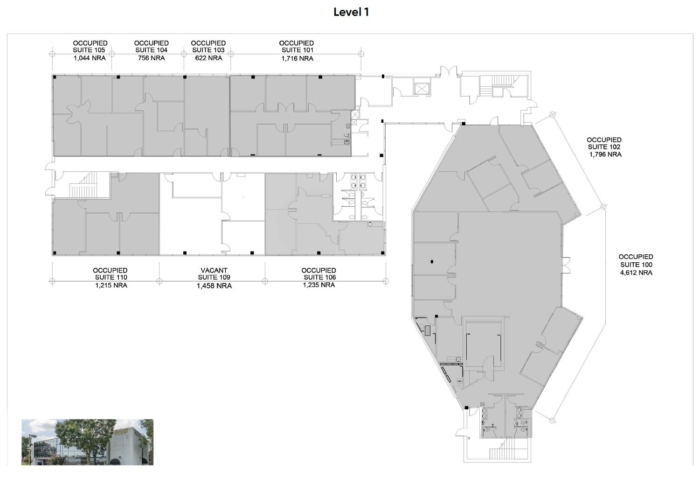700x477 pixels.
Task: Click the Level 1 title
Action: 351,12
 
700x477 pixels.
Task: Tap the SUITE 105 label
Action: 89,50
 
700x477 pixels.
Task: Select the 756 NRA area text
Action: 151,58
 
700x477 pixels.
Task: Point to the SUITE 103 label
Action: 208,50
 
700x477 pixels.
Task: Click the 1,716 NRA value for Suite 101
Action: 297,58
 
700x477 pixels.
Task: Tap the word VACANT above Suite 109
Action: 214,270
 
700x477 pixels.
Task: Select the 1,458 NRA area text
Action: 214,286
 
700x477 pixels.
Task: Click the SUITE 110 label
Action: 111,277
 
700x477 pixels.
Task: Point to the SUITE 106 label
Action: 319,277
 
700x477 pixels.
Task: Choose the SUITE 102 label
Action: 604,147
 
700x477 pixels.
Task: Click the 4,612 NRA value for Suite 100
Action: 636,273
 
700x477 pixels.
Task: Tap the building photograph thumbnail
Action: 87,442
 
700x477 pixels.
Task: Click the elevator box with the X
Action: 421,89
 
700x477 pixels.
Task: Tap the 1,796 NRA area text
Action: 605,154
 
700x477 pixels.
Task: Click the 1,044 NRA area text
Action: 90,58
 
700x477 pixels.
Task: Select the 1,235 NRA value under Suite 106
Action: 319,285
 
